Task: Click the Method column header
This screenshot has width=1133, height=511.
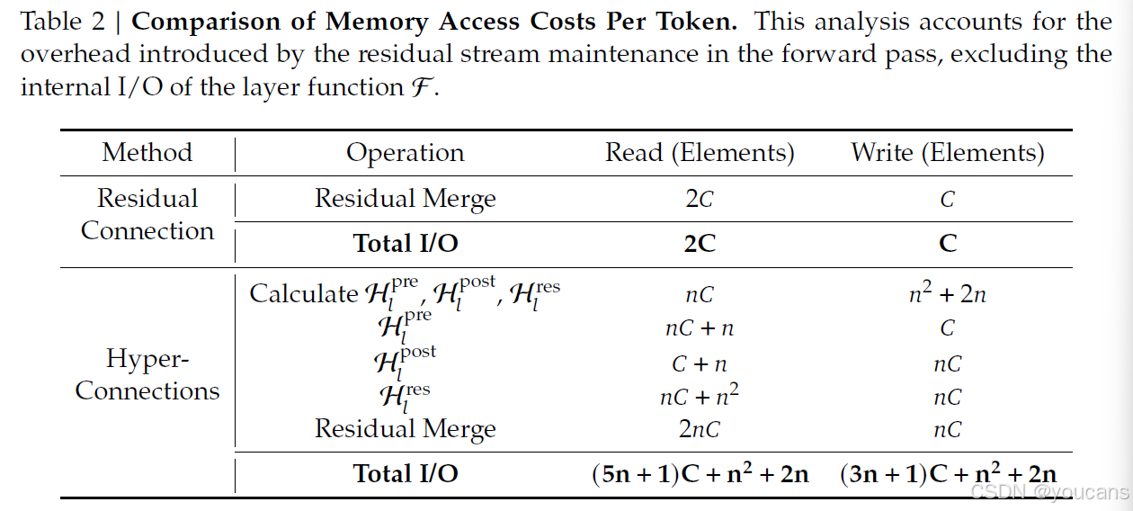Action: pyautogui.click(x=147, y=152)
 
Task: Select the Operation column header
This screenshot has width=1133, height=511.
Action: pyautogui.click(x=405, y=153)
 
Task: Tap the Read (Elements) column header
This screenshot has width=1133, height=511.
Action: pyautogui.click(x=700, y=153)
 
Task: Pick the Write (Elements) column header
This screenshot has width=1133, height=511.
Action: pyautogui.click(x=948, y=153)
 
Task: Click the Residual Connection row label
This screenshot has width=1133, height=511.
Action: pyautogui.click(x=147, y=214)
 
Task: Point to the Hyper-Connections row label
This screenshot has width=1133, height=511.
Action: pyautogui.click(x=147, y=374)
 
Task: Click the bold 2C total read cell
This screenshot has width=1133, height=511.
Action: pyautogui.click(x=700, y=244)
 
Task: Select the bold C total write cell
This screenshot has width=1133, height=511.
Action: pyautogui.click(x=948, y=244)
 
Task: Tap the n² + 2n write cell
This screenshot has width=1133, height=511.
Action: pyautogui.click(x=948, y=293)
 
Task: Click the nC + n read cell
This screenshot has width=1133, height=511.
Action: pyautogui.click(x=700, y=328)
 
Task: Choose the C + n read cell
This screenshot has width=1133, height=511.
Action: pyautogui.click(x=700, y=363)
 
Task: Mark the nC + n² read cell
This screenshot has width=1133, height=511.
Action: pyautogui.click(x=700, y=397)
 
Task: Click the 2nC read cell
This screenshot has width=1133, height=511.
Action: pyautogui.click(x=700, y=430)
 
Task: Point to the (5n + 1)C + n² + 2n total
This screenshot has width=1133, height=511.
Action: pyautogui.click(x=700, y=473)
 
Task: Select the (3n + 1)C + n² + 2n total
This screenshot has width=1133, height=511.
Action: pyautogui.click(x=948, y=473)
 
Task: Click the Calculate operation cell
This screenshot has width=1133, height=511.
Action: pyautogui.click(x=405, y=293)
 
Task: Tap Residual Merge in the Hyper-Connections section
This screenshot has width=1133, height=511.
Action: pyautogui.click(x=405, y=429)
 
